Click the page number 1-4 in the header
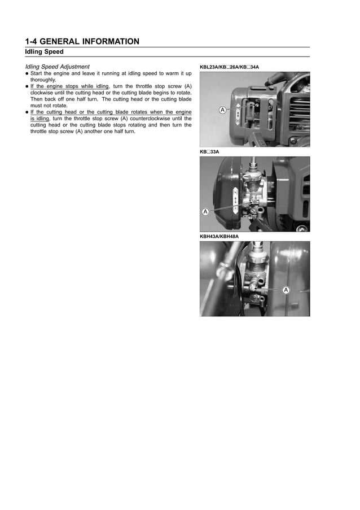(x=32, y=41)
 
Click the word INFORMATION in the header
(x=110, y=41)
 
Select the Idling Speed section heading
(x=44, y=52)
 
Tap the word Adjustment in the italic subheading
(x=74, y=67)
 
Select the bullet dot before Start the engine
(x=27, y=73)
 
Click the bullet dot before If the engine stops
(x=27, y=86)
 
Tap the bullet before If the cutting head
(x=27, y=111)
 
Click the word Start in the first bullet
(x=37, y=73)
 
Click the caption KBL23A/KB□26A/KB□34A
(x=229, y=67)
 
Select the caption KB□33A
(x=209, y=152)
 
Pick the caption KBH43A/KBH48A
(x=219, y=236)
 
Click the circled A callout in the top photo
(x=222, y=110)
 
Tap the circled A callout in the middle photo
(x=205, y=212)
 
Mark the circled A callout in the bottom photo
(x=286, y=290)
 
